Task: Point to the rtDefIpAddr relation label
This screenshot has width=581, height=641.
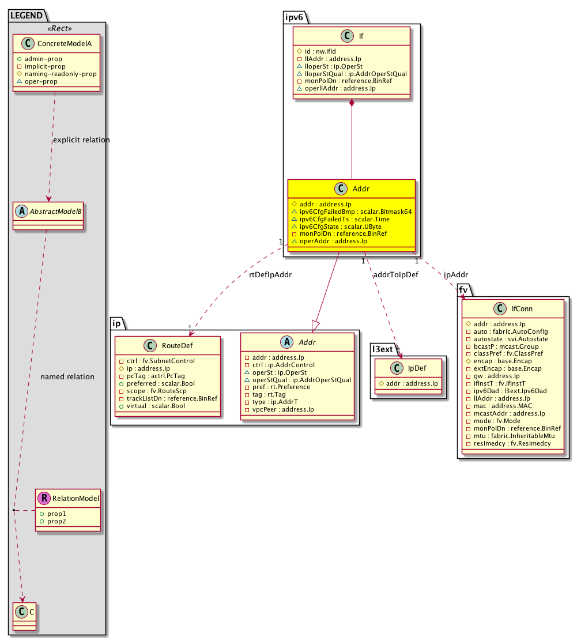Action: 270,275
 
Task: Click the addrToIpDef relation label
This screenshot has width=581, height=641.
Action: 396,275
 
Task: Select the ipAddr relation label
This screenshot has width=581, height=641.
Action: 456,275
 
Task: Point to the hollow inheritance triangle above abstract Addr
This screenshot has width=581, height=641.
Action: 316,327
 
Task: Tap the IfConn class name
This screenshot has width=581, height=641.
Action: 522,309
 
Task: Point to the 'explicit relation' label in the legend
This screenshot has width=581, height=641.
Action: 81,140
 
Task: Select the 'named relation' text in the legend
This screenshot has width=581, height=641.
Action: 67,377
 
